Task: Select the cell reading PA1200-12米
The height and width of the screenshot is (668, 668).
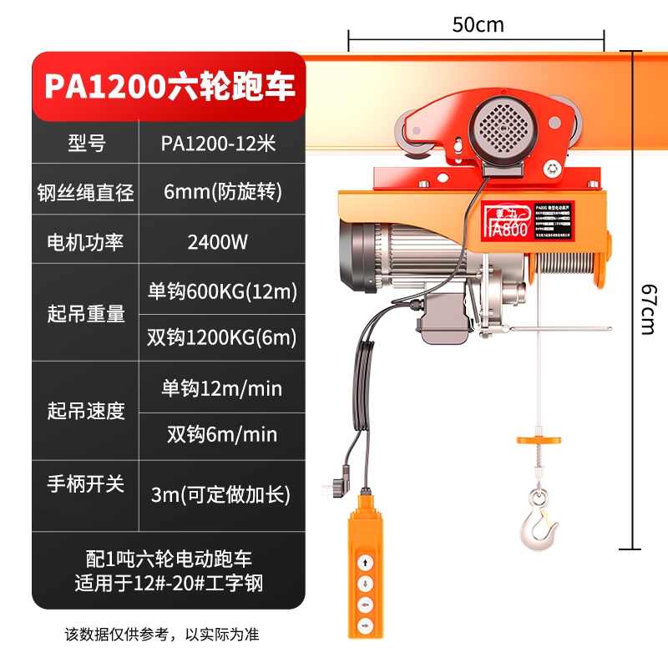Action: (x=218, y=144)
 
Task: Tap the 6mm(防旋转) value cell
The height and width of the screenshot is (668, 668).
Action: (x=218, y=192)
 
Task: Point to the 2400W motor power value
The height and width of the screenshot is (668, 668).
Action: (x=218, y=242)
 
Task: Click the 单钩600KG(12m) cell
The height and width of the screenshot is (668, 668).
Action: (x=222, y=291)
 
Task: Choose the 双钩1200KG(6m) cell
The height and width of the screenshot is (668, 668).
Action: (x=222, y=338)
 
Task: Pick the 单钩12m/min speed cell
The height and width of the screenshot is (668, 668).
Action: (x=222, y=388)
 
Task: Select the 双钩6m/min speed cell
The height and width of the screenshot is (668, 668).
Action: (x=222, y=435)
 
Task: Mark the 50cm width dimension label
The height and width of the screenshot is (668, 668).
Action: (x=478, y=24)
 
